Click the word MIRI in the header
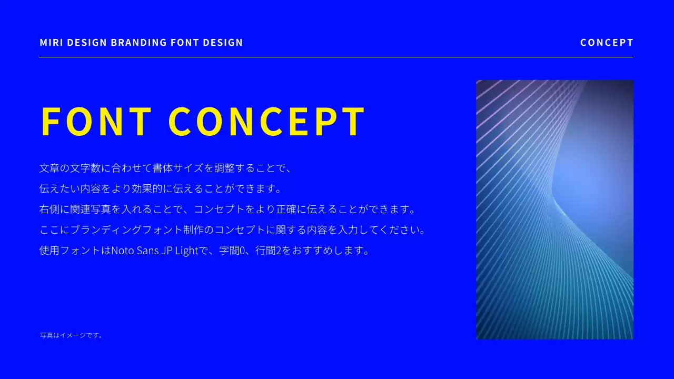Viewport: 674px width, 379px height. tap(49, 43)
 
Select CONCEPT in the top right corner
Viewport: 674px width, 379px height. tap(607, 43)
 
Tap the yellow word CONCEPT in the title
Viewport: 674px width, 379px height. tap(267, 122)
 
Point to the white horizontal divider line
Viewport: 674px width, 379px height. tap(336, 57)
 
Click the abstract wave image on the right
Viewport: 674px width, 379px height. tap(554, 210)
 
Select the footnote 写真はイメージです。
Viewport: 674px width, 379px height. tap(72, 335)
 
